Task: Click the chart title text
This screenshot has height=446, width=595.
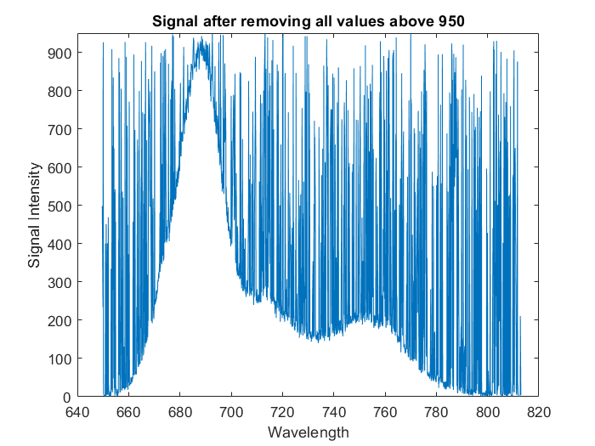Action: point(308,20)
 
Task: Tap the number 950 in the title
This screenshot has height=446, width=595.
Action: point(450,20)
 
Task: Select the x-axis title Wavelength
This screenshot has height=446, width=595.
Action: point(308,432)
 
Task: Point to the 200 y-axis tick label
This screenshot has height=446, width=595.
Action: point(59,320)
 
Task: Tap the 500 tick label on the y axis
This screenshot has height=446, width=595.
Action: point(59,206)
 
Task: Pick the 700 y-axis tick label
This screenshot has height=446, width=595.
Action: point(59,129)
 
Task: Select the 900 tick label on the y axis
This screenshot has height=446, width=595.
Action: point(59,53)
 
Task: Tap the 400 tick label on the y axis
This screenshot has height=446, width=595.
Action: point(59,244)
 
